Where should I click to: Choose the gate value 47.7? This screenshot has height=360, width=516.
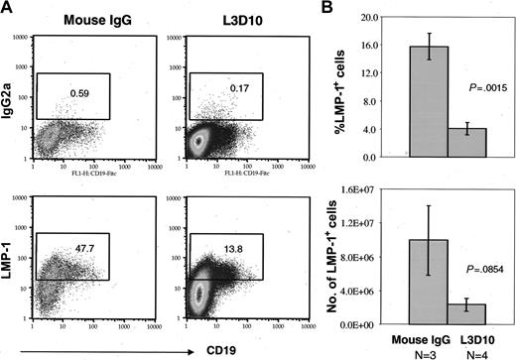pos(78,239)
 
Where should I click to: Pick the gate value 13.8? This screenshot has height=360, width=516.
pos(208,239)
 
